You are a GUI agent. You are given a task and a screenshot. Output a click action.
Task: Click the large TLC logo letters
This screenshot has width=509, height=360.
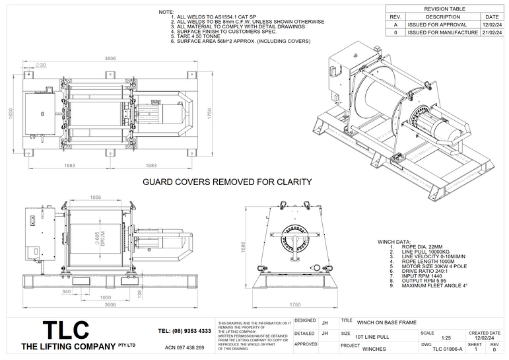(65, 330)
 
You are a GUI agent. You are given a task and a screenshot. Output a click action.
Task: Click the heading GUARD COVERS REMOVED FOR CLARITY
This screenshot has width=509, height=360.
(227, 182)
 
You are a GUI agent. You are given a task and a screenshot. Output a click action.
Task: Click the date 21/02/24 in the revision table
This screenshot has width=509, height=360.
(491, 32)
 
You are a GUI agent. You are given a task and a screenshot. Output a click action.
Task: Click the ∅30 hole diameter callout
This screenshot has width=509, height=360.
(40, 65)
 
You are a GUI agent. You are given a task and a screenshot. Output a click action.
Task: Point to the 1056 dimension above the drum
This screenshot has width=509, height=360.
(95, 197)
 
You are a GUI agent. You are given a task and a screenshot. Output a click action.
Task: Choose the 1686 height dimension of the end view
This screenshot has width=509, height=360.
(242, 247)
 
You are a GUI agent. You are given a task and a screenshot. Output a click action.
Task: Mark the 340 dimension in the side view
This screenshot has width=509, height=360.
(66, 291)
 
